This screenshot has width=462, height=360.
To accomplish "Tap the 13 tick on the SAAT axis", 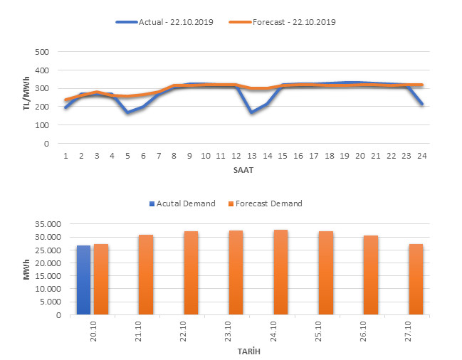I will tap(253, 155).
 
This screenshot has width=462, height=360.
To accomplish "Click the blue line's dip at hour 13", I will tap(253, 112).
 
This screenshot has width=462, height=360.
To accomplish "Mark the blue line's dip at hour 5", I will tap(127, 112).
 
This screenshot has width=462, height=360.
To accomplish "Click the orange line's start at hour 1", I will tap(65, 100).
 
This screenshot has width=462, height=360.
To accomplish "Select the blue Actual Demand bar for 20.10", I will tap(83, 280).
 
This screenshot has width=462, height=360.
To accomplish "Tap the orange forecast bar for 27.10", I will tap(416, 279).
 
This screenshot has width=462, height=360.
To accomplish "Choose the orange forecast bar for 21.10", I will tap(146, 275).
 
